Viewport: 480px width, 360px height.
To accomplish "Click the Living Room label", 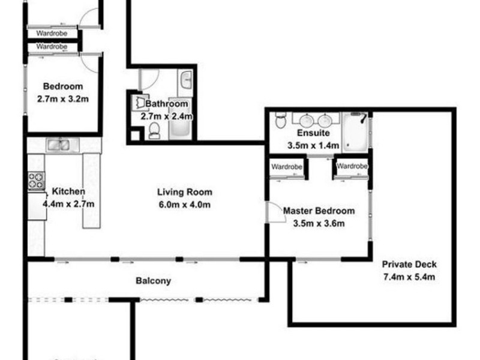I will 185,193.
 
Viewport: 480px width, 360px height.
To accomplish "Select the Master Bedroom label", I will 319,211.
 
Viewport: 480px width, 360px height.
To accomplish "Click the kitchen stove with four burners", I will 36,180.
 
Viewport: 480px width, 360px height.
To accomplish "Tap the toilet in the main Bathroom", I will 154,130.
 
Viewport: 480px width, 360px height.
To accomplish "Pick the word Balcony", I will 154,280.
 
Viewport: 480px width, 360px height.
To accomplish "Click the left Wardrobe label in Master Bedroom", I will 287,166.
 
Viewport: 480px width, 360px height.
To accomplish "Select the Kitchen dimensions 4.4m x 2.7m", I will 68,204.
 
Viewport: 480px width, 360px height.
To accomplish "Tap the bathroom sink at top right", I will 186,78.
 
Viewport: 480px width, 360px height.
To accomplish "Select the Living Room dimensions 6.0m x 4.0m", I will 185,205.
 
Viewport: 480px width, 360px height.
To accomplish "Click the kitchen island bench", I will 91,190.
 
